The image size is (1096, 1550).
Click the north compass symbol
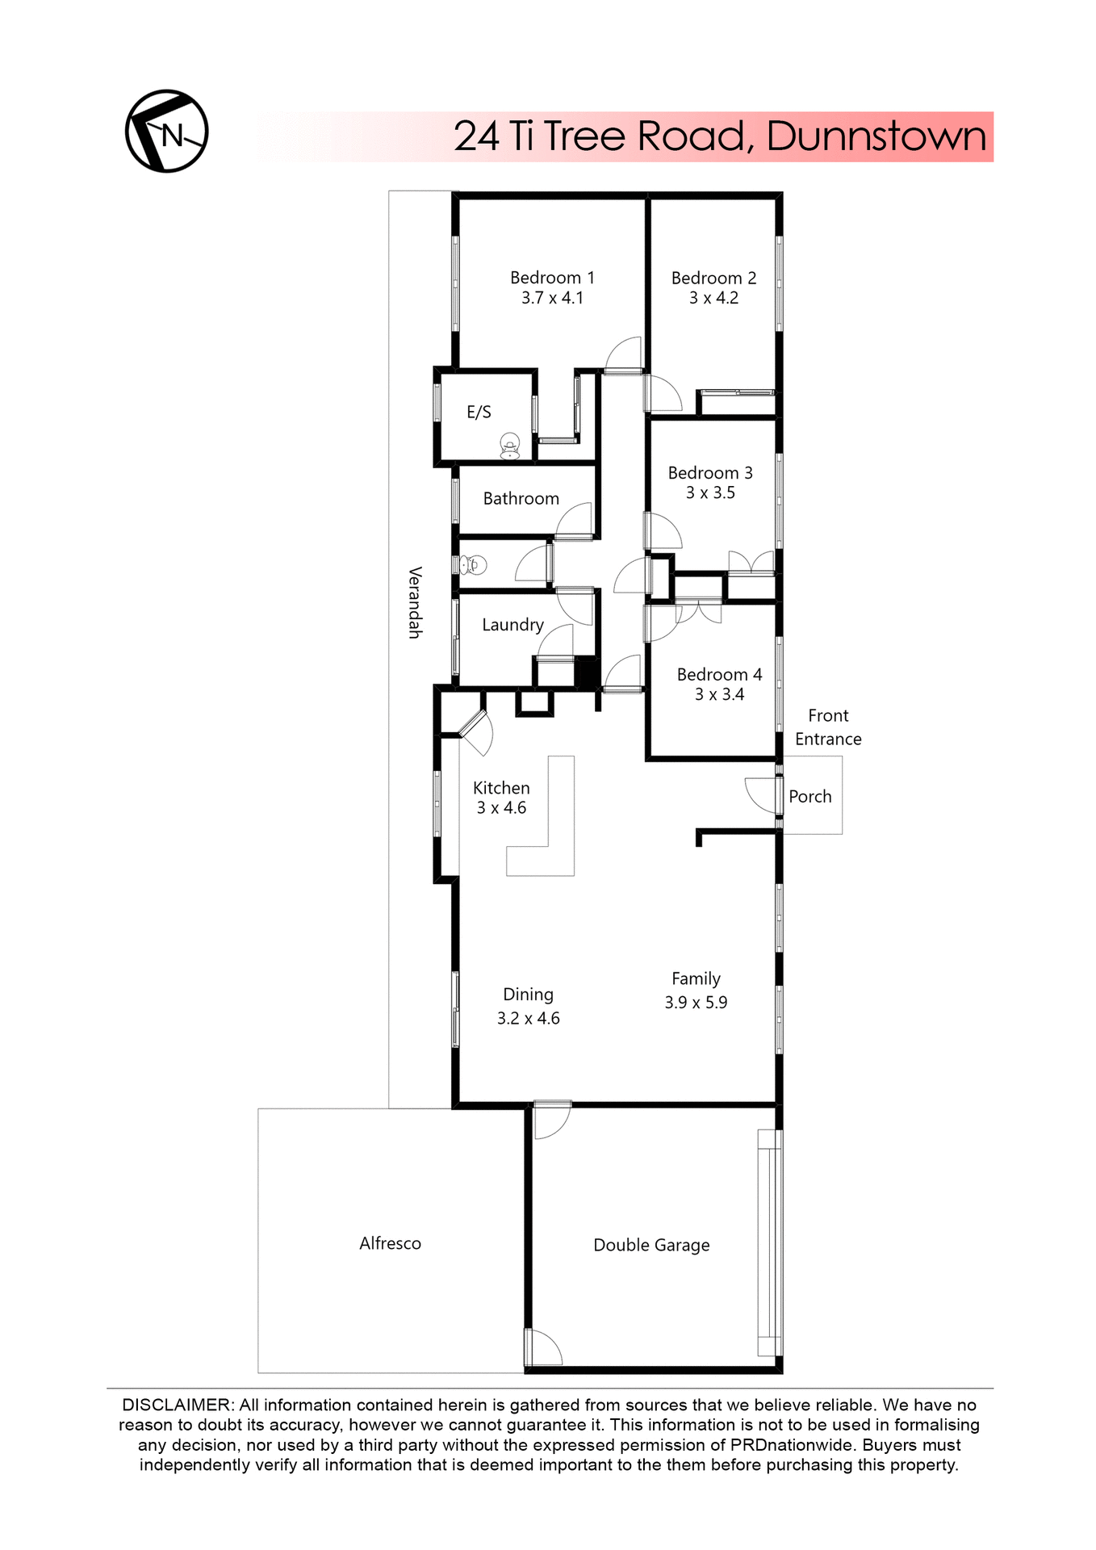point(166,131)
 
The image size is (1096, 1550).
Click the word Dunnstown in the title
point(876,136)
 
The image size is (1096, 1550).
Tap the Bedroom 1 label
point(552,278)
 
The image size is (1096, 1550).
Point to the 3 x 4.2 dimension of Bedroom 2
point(713,298)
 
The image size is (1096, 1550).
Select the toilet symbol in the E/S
point(509,446)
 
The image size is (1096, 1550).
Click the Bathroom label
point(521,499)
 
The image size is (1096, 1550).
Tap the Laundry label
point(512,625)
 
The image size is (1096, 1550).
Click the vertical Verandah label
point(415,602)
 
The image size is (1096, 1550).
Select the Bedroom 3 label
point(710,473)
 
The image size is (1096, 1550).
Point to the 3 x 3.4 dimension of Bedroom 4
point(719,694)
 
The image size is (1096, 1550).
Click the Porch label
point(809,797)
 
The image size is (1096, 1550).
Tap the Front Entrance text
point(828,727)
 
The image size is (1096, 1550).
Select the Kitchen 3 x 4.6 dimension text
point(501,808)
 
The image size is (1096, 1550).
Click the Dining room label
point(528,995)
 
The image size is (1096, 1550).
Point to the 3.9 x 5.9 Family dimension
point(696,1003)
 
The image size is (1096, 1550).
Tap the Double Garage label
point(651,1245)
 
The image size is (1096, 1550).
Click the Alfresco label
point(390,1243)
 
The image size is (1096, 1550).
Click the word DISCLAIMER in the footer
point(177,1405)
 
